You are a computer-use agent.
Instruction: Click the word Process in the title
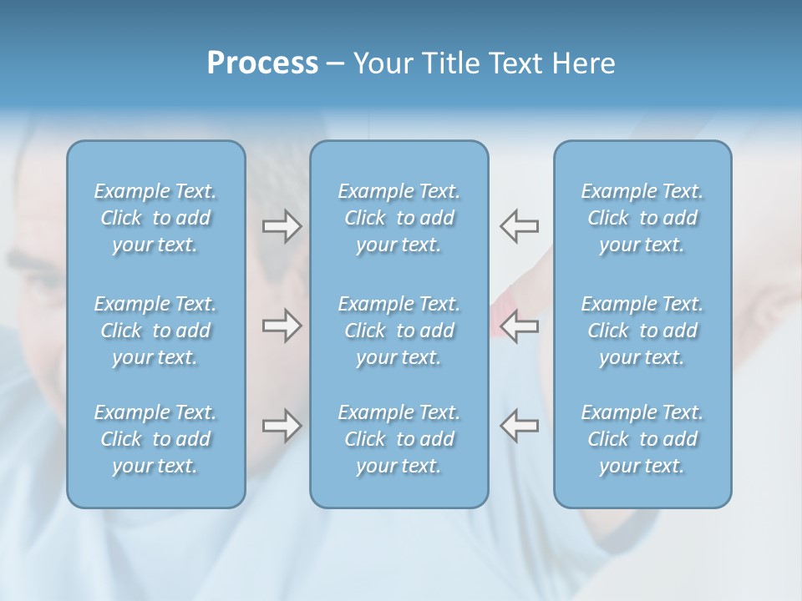pyautogui.click(x=262, y=63)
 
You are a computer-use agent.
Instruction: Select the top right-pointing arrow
pyautogui.click(x=282, y=226)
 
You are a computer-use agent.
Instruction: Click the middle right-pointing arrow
pyautogui.click(x=282, y=326)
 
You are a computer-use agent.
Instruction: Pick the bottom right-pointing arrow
pyautogui.click(x=282, y=426)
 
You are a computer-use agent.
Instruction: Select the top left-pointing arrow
pyautogui.click(x=520, y=226)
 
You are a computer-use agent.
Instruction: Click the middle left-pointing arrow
pyautogui.click(x=520, y=326)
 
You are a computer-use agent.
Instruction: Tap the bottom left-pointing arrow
pyautogui.click(x=520, y=426)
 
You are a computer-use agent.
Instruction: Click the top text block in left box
pyautogui.click(x=155, y=218)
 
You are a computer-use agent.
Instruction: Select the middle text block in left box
pyautogui.click(x=155, y=331)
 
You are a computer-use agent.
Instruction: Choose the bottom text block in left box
pyautogui.click(x=155, y=439)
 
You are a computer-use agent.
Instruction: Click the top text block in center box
pyautogui.click(x=398, y=218)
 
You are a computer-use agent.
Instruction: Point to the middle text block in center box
pyautogui.click(x=398, y=331)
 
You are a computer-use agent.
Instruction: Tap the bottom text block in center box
pyautogui.click(x=398, y=439)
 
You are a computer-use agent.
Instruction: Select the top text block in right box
pyautogui.click(x=642, y=218)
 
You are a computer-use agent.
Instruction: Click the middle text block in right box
pyautogui.click(x=642, y=331)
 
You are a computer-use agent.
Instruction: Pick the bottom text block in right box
pyautogui.click(x=642, y=439)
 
